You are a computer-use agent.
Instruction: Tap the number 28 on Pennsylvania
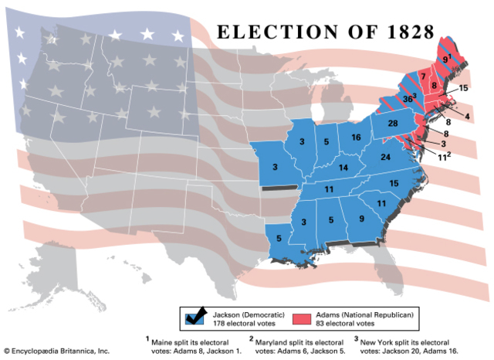pyautogui.click(x=392, y=124)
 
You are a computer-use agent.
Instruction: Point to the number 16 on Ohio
pyautogui.click(x=356, y=138)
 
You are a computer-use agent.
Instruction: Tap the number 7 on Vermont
pyautogui.click(x=423, y=75)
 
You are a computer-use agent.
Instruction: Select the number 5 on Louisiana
pyautogui.click(x=278, y=239)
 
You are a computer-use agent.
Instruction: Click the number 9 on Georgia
pyautogui.click(x=363, y=219)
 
